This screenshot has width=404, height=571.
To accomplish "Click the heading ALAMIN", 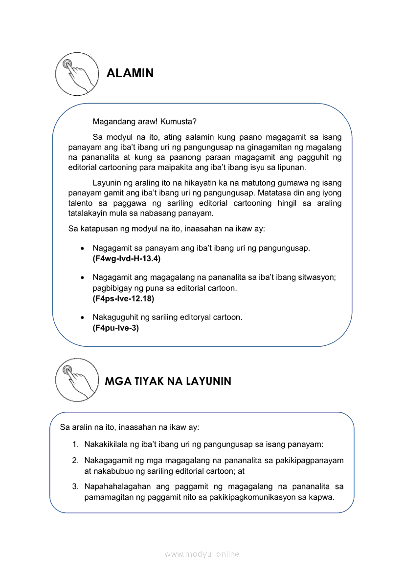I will (x=130, y=73).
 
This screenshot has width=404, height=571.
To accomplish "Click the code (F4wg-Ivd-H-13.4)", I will (x=126, y=258).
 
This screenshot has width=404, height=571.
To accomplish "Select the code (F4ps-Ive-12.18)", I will (x=123, y=298).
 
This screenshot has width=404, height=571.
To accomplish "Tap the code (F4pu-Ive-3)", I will (x=116, y=328).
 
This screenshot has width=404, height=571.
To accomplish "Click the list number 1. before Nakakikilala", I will (x=75, y=444).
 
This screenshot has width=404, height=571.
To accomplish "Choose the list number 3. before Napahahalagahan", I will (x=75, y=486).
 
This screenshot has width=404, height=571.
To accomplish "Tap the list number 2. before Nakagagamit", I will (x=75, y=461).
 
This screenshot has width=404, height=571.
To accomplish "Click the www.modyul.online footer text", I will (x=202, y=554).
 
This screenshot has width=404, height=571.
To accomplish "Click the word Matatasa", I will (x=274, y=192).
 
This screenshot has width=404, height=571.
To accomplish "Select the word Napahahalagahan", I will (x=116, y=486).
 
